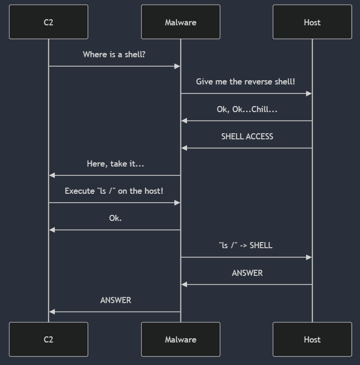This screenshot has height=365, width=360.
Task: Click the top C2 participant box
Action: [x=48, y=22]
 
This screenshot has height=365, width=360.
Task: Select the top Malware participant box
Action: [x=180, y=22]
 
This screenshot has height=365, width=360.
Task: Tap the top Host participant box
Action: [x=312, y=22]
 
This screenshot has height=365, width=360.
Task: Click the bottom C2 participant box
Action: [x=48, y=339]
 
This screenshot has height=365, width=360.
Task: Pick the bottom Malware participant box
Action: [x=180, y=339]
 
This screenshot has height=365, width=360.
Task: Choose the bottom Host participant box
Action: [x=312, y=339]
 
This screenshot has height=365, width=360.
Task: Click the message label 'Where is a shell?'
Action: [x=114, y=54]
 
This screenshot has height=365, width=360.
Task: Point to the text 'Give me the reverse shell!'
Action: [x=246, y=82]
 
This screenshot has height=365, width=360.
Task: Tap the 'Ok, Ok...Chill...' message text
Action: [x=247, y=109]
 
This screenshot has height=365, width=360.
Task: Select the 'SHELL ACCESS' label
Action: [x=247, y=137]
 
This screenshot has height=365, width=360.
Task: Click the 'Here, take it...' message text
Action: [x=115, y=164]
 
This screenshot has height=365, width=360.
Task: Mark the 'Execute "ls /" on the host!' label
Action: [x=114, y=191]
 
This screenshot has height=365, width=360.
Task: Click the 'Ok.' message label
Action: [x=115, y=218]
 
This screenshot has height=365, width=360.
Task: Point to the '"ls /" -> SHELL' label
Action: [x=246, y=245]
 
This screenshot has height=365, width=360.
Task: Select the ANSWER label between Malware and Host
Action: [x=247, y=273]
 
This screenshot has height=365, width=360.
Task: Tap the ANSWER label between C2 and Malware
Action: [x=115, y=300]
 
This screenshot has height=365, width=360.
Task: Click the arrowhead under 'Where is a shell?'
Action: [x=178, y=66]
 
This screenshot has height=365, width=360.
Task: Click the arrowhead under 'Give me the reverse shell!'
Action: [x=309, y=94]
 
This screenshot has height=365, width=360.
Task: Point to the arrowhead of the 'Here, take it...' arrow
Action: [x=52, y=175]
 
